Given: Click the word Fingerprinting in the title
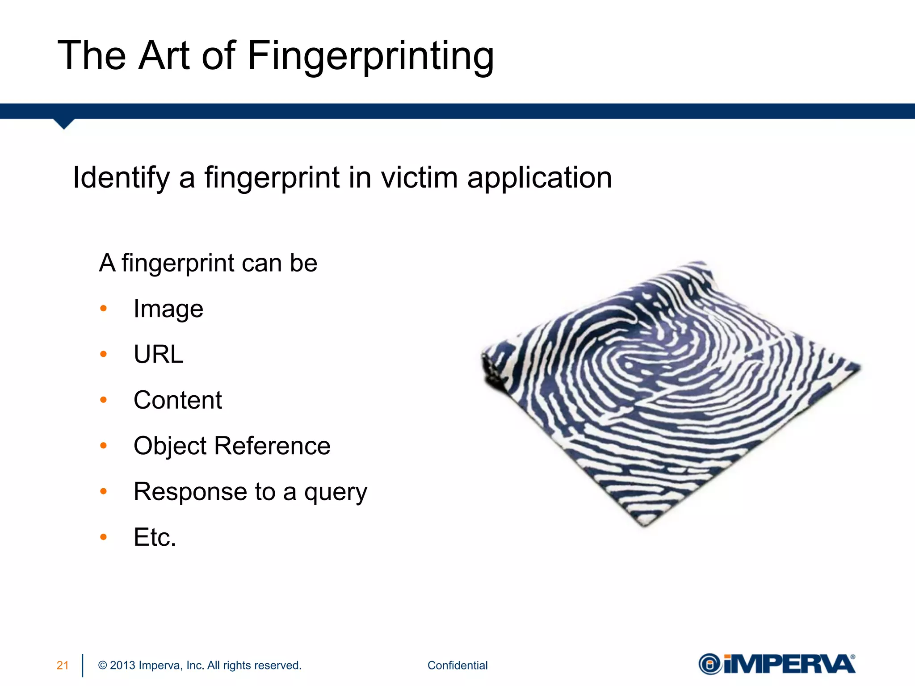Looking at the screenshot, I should (x=370, y=56).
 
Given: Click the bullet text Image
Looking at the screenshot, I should (x=168, y=309).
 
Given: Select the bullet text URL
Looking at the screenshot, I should (x=159, y=355).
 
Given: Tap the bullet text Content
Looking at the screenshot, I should (x=178, y=400).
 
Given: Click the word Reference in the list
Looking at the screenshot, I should (x=273, y=446).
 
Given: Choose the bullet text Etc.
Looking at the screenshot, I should (x=155, y=537).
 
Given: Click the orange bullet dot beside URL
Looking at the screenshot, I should (x=104, y=355).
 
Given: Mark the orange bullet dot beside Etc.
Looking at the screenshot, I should (x=104, y=537).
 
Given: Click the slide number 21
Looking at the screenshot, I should (x=63, y=665).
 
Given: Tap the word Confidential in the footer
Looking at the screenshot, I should (x=457, y=665).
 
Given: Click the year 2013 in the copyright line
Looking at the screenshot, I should (x=122, y=665).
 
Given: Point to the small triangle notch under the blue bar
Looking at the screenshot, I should (x=64, y=124).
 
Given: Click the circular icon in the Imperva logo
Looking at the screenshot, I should (x=710, y=664).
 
